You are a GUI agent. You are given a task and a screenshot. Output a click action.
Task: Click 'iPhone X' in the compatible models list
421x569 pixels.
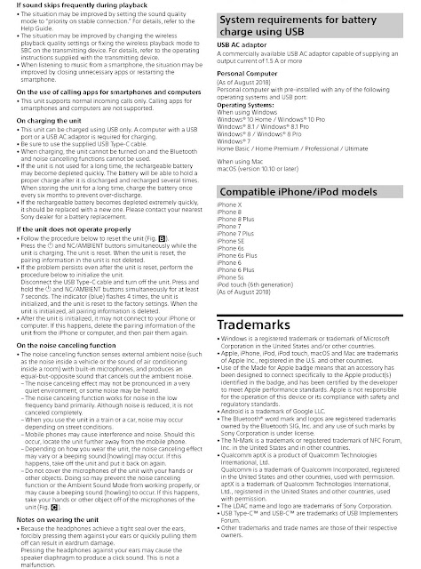tap(229, 206)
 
